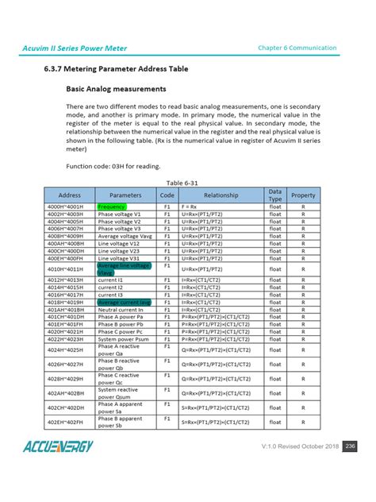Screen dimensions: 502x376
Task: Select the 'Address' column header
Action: (70, 194)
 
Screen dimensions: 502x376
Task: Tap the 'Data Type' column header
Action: (274, 194)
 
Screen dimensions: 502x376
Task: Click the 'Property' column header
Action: (303, 194)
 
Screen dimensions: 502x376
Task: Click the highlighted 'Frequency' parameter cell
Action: (112, 206)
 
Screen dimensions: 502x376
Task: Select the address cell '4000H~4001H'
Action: (70, 206)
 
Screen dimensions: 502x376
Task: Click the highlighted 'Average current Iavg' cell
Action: (124, 303)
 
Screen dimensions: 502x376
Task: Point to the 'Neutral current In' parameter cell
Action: (121, 311)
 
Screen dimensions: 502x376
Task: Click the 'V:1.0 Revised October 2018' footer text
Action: (300, 446)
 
